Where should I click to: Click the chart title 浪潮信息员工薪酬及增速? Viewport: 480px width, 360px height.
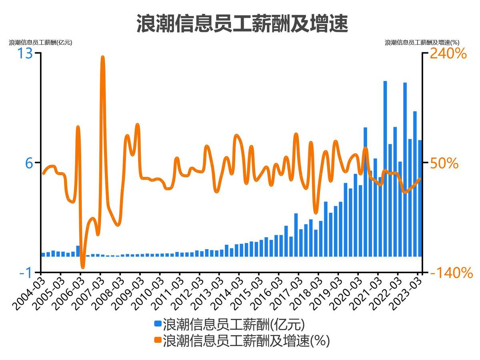[242, 23]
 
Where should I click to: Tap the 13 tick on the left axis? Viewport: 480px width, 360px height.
[25, 53]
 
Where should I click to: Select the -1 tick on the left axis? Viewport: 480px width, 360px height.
[26, 272]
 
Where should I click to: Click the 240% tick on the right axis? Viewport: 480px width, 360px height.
[448, 53]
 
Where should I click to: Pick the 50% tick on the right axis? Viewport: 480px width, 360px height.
[444, 163]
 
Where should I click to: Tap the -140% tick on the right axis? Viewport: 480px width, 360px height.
[451, 273]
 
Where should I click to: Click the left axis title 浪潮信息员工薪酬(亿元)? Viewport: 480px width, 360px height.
[40, 42]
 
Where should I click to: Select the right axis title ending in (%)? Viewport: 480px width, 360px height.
[422, 42]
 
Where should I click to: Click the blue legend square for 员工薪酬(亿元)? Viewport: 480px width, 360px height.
[158, 323]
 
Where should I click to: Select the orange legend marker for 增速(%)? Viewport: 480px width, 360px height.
[158, 341]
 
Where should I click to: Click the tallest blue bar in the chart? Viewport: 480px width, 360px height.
[385, 168]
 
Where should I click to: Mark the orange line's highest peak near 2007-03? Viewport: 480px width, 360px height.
[103, 58]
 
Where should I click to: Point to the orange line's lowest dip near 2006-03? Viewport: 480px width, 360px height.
[83, 267]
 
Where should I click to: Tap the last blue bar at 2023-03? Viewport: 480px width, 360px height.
[420, 198]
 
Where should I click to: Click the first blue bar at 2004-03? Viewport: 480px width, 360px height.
[43, 254]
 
